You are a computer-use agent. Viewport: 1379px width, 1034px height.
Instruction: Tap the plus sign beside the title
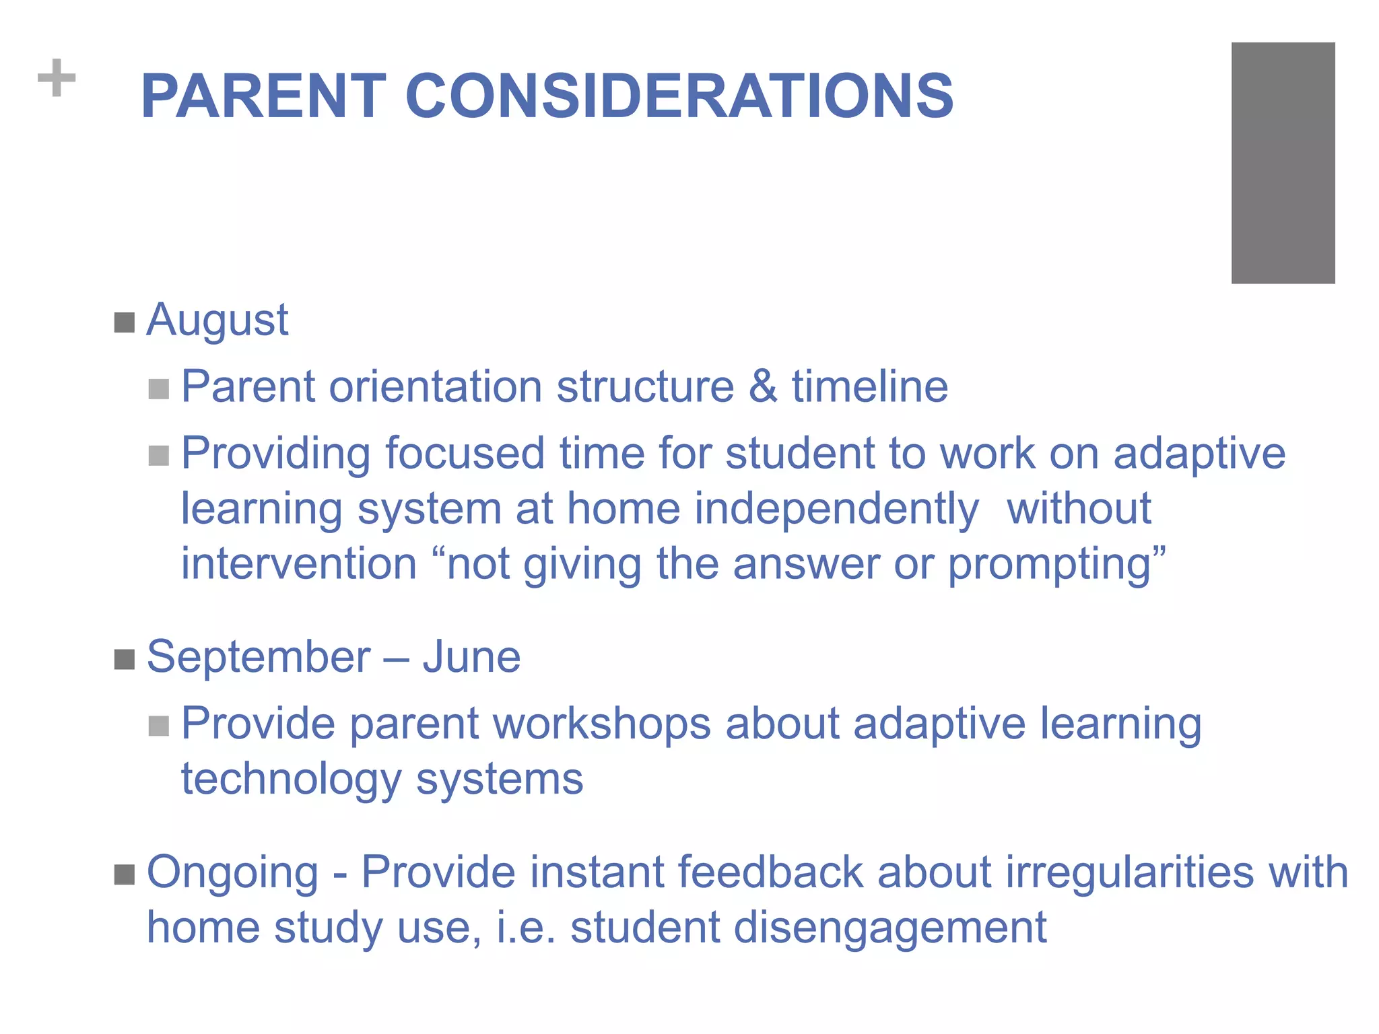click(x=57, y=78)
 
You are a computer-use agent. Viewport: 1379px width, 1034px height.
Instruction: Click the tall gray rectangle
click(x=1283, y=163)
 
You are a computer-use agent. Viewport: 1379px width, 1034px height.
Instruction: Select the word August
click(x=217, y=320)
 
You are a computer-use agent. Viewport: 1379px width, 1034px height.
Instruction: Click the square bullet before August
click(x=125, y=322)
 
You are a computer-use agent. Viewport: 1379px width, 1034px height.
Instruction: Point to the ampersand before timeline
click(x=762, y=386)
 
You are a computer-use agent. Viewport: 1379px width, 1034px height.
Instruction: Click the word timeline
click(x=869, y=386)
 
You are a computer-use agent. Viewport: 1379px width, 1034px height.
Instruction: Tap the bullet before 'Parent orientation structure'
click(x=158, y=389)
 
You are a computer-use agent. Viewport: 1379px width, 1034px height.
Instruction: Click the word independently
click(x=836, y=510)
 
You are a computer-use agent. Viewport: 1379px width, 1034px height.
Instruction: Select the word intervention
click(x=299, y=563)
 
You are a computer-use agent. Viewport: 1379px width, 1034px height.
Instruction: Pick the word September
click(x=259, y=657)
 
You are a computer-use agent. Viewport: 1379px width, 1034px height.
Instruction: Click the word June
click(x=471, y=657)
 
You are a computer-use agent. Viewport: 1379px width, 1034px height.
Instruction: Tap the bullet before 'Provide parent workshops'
click(x=158, y=726)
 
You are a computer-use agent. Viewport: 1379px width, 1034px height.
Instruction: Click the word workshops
click(x=602, y=724)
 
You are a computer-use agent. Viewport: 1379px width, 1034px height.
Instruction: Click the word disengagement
click(x=889, y=928)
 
